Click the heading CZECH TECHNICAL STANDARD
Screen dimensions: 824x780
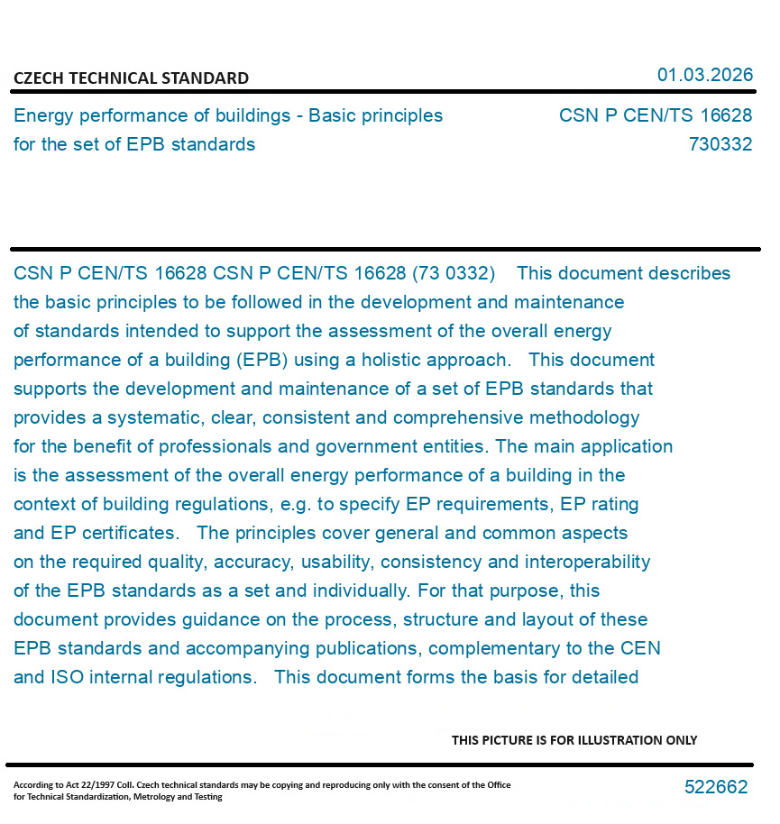coord(131,78)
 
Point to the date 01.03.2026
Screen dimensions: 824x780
coord(704,75)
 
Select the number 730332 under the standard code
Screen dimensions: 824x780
coord(720,144)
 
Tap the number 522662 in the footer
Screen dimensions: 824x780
coord(715,787)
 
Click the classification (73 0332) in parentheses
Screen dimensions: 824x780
coord(453,273)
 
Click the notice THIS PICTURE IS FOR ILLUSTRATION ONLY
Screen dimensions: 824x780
coord(574,740)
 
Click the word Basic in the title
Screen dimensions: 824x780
coord(334,115)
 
